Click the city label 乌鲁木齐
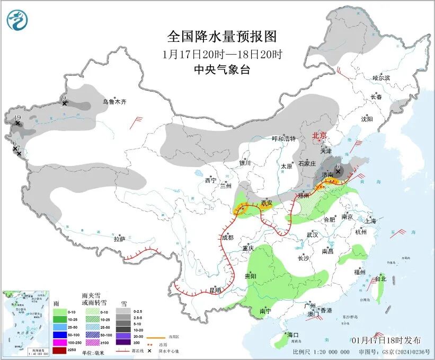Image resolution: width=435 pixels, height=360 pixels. tap(115, 102)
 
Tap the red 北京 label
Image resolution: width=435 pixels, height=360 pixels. tap(319, 136)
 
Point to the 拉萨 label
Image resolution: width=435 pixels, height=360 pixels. tap(119, 239)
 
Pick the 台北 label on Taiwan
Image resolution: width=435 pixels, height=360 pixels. tap(380, 279)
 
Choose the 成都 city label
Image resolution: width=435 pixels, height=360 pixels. tap(227, 238)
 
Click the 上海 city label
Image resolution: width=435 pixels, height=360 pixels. tap(370, 221)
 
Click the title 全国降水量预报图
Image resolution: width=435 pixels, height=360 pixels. tap(222, 37)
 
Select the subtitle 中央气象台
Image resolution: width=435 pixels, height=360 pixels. tap(222, 69)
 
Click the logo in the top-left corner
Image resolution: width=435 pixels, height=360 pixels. tap(17, 20)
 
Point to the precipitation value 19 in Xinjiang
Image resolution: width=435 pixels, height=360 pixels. tap(17, 118)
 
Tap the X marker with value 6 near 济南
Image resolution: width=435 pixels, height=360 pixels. tap(338, 171)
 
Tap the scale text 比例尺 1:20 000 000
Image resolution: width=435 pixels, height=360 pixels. tap(321, 352)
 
